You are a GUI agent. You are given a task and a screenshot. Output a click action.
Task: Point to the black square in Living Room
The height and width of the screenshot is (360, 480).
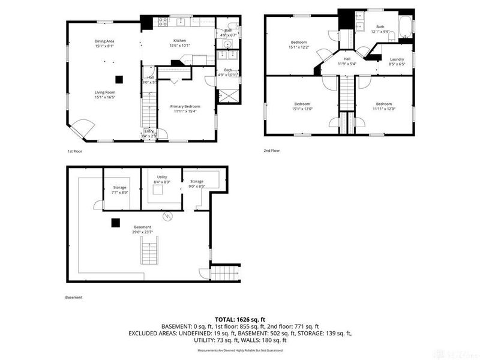pos(120,78)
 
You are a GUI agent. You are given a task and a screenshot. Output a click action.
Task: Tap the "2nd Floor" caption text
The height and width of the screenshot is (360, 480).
pos(272,151)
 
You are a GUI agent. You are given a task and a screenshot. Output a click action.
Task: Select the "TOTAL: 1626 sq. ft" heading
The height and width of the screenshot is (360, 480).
pos(239,320)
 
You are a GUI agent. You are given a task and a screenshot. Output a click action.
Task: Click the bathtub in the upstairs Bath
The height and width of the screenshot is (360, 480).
pos(407,26)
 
